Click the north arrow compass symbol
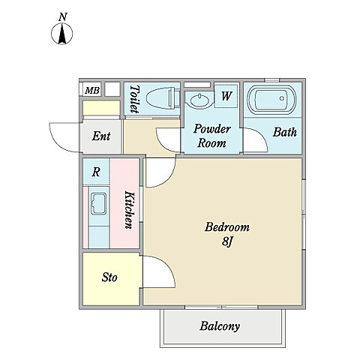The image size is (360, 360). pyautogui.click(x=62, y=34)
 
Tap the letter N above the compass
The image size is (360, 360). pyautogui.click(x=63, y=17)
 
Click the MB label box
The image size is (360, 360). pyautogui.click(x=91, y=90)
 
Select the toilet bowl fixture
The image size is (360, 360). pyautogui.click(x=163, y=97)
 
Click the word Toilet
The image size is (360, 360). pyautogui.click(x=134, y=99)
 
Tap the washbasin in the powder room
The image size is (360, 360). pyautogui.click(x=199, y=100)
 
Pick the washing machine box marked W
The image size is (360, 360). pyautogui.click(x=226, y=96)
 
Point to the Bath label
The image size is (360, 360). pyautogui.click(x=284, y=132)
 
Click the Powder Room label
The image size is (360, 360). pyautogui.click(x=211, y=136)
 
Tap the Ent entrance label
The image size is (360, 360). pyautogui.click(x=101, y=136)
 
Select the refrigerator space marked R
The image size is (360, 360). pyautogui.click(x=96, y=172)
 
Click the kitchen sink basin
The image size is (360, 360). pyautogui.click(x=98, y=204)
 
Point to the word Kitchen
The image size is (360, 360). pyautogui.click(x=130, y=210)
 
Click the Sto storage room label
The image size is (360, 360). pyautogui.click(x=109, y=277)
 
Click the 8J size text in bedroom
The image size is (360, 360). pyautogui.click(x=227, y=241)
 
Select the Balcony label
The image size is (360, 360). pyautogui.click(x=220, y=326)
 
